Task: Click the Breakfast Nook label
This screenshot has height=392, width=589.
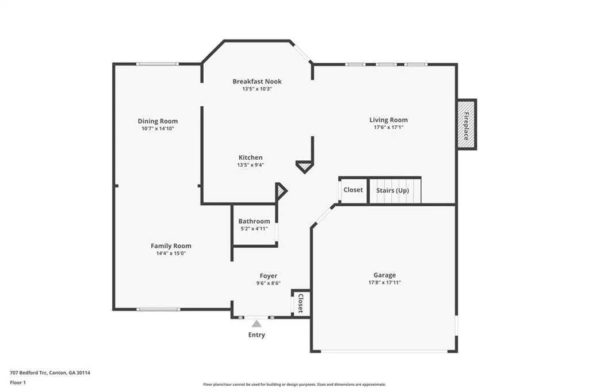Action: [257, 82]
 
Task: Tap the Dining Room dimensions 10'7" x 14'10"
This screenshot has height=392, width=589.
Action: [158, 128]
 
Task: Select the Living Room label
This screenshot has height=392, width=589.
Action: [388, 120]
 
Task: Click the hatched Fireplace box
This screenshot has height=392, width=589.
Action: [466, 125]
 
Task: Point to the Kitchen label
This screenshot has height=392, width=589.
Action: [251, 157]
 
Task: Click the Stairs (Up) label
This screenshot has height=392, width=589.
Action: [392, 190]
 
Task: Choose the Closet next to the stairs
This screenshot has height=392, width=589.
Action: [353, 190]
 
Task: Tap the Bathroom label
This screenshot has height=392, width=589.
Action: [254, 221]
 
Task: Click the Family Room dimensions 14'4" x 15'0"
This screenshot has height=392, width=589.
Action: [171, 253]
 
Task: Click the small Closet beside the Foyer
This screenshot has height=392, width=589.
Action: [300, 303]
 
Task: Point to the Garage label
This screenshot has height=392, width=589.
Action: [385, 275]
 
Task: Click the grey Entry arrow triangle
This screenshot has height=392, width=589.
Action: [257, 324]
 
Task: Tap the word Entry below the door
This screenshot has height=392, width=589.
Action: [257, 335]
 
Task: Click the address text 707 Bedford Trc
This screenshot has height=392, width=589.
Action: [29, 373]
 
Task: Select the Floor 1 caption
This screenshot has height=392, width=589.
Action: [18, 383]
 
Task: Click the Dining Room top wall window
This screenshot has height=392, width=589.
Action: [158, 64]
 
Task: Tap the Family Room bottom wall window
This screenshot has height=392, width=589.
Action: [158, 309]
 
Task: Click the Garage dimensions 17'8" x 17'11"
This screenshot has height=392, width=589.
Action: [385, 283]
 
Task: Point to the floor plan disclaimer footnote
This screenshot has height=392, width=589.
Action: [294, 385]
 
